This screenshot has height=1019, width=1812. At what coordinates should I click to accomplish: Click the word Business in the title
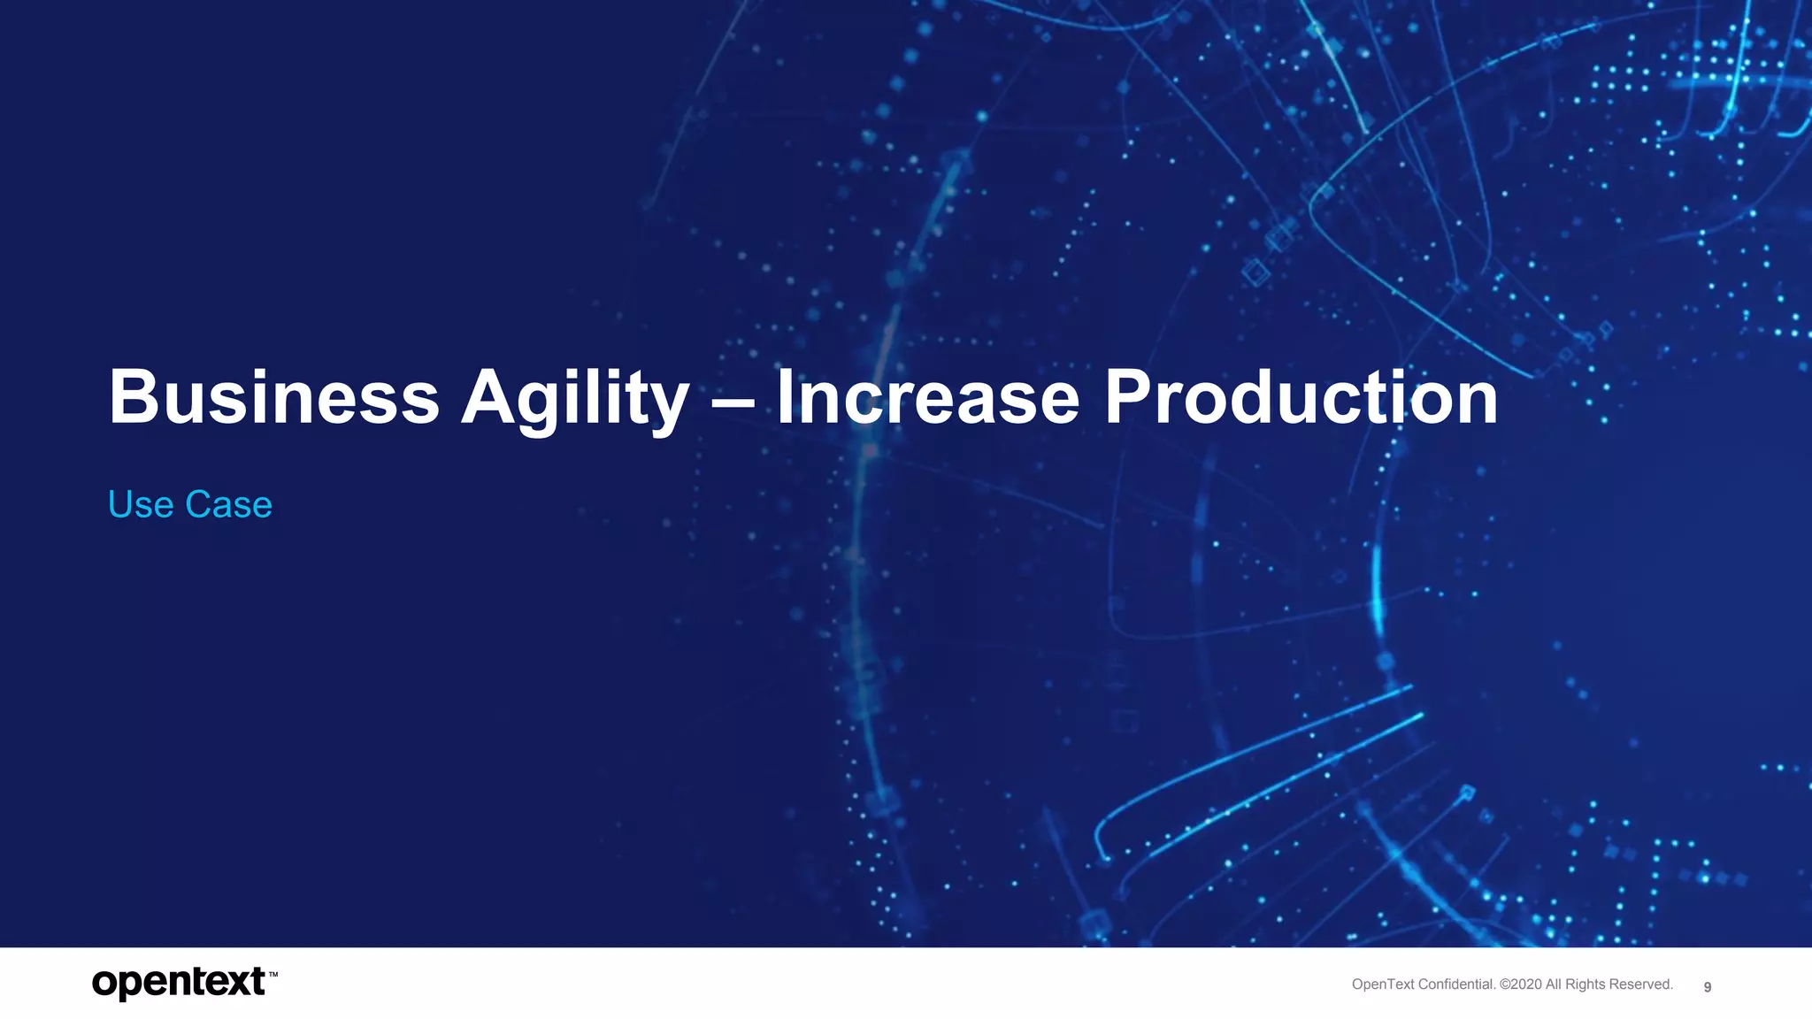click(x=273, y=397)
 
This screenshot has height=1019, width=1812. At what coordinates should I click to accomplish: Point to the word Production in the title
click(x=1301, y=397)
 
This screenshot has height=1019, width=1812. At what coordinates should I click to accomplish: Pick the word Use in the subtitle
click(x=140, y=505)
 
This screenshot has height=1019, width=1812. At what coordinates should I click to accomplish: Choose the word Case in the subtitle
click(x=228, y=505)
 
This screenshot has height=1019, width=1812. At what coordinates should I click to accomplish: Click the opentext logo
click(x=179, y=983)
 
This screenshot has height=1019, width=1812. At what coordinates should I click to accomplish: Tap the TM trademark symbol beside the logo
click(x=273, y=975)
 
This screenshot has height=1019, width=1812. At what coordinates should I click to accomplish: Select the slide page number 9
click(x=1708, y=987)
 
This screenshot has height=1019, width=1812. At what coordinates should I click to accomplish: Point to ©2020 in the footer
click(x=1521, y=985)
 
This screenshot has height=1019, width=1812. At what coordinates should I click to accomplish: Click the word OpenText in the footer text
click(x=1383, y=985)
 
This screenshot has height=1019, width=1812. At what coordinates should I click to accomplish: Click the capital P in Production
click(x=1127, y=397)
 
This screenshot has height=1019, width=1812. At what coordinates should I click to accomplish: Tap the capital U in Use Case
click(x=120, y=505)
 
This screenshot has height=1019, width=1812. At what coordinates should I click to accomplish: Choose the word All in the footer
click(x=1555, y=985)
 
